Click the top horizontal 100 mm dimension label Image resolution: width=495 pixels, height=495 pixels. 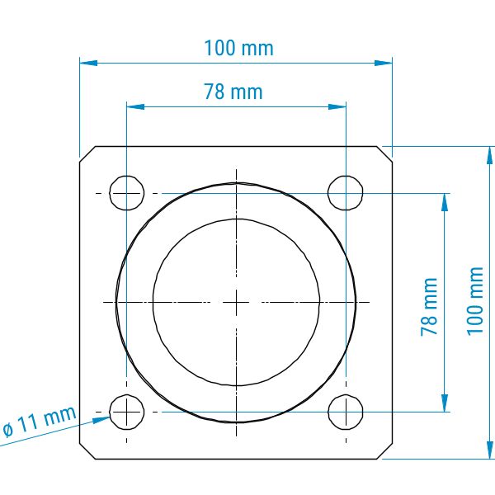pos(238,48)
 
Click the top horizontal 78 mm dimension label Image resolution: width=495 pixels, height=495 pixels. pos(233,92)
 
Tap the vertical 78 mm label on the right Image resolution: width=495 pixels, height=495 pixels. pos(429,307)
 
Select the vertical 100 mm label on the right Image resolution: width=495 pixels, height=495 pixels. pos(475,301)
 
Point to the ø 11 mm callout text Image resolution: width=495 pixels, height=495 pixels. pos(40,421)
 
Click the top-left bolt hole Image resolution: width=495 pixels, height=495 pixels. pos(127,193)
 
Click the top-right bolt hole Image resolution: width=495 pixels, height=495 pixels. pos(346,193)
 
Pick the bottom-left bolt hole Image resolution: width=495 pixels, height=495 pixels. pos(127,412)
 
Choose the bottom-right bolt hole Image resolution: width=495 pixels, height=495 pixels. pos(346,412)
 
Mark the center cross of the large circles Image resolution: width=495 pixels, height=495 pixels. pos(236,303)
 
